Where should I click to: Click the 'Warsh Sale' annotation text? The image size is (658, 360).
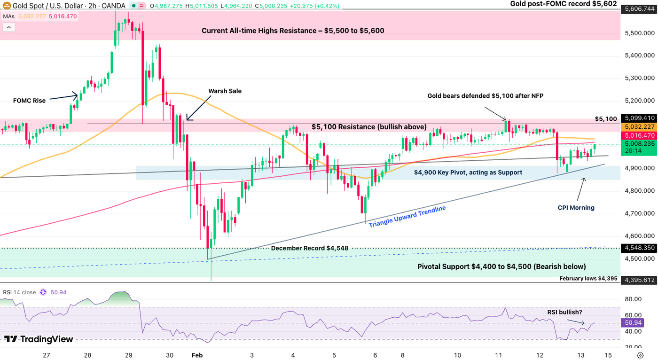click(225, 91)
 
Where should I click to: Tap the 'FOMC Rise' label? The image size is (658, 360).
click(30, 101)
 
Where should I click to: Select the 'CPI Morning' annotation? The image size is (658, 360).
click(576, 207)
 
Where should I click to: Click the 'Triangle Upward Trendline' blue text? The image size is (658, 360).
click(407, 217)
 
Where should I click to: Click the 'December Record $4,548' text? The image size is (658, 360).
click(309, 248)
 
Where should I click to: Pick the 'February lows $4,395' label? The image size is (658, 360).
click(588, 279)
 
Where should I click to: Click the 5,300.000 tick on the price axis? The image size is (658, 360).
click(639, 78)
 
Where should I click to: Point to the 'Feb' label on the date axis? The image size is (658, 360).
click(196, 355)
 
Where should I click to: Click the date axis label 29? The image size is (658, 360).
click(128, 355)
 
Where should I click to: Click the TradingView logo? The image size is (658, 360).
click(39, 339)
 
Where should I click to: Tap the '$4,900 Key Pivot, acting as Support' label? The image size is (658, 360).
click(468, 172)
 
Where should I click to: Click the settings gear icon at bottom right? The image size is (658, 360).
click(640, 355)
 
